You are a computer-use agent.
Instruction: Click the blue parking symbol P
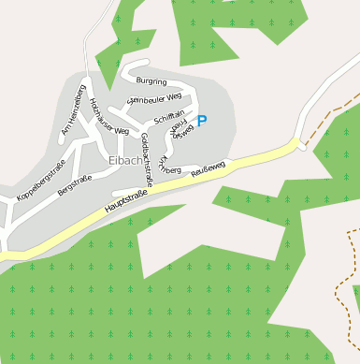[201, 121]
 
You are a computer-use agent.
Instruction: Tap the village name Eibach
[125, 160]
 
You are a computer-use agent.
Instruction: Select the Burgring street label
[151, 81]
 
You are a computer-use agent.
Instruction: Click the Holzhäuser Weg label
[108, 122]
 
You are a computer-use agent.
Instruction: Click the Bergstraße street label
[76, 183]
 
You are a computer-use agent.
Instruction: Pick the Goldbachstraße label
[146, 153]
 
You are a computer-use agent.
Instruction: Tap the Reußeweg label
[208, 168]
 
